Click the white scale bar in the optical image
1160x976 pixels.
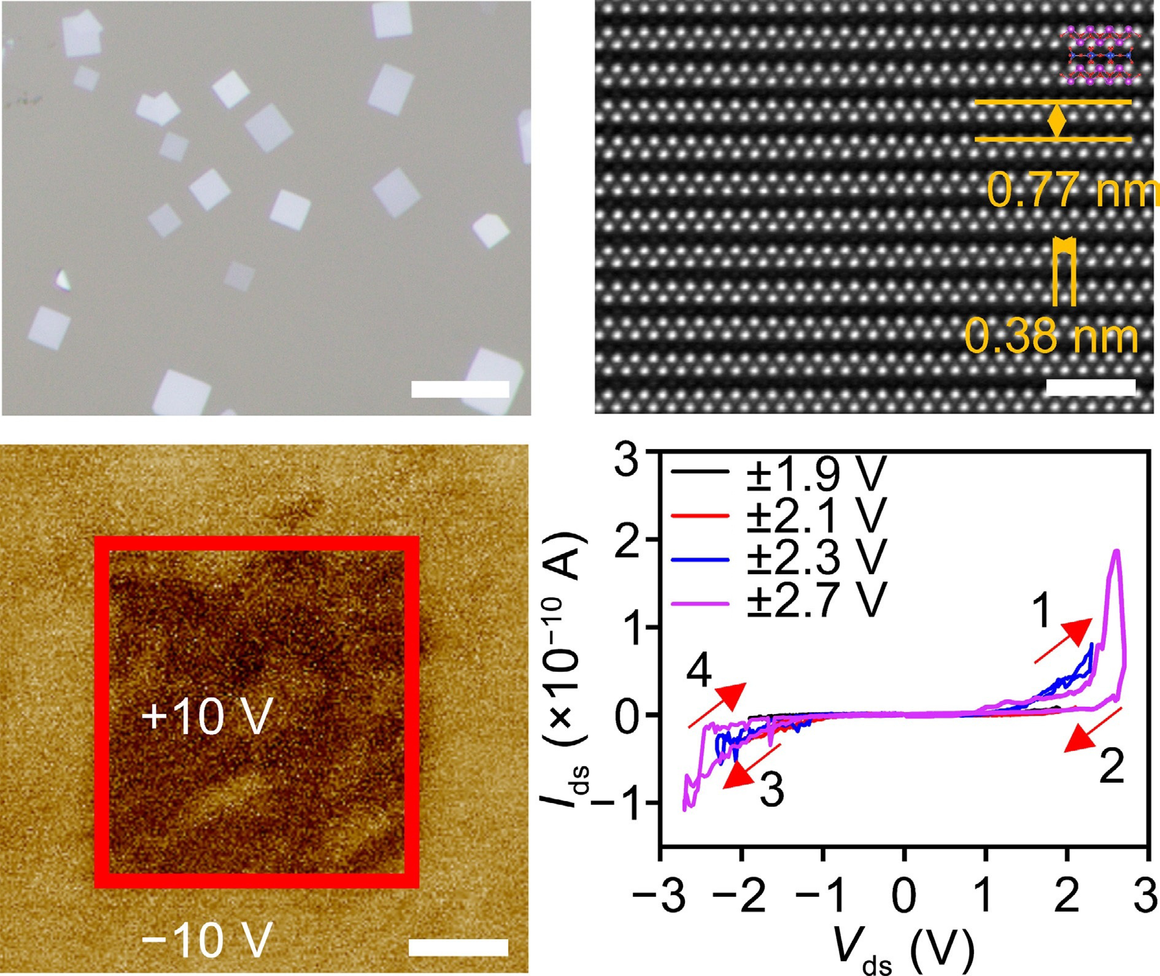point(460,389)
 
